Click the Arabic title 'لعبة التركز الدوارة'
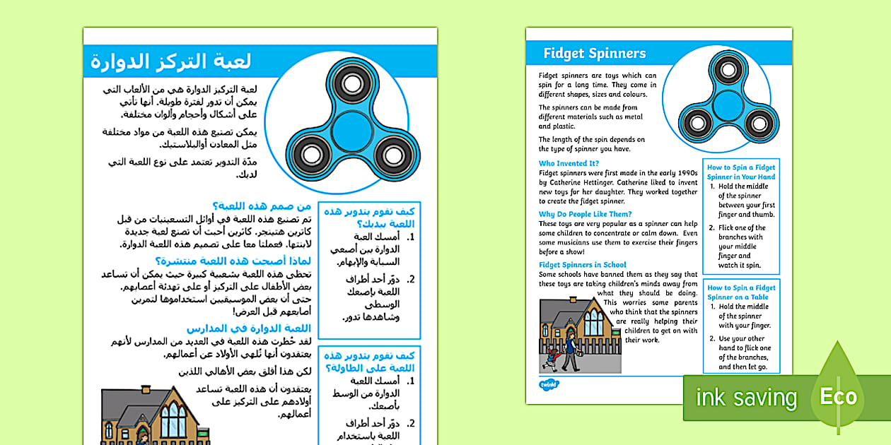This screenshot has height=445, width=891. point(170,62)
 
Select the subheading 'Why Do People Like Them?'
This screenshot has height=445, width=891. point(585,214)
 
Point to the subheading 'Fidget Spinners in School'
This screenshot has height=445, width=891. point(583,265)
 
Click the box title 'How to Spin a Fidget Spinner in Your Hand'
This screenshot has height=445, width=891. point(741,172)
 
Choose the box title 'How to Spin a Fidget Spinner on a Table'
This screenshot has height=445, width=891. point(741,292)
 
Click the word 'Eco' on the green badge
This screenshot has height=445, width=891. point(839,396)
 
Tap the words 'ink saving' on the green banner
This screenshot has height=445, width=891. point(746,398)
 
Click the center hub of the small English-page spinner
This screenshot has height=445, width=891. point(728,106)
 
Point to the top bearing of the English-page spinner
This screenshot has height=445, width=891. point(728,69)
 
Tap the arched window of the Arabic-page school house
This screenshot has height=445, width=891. point(173,421)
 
